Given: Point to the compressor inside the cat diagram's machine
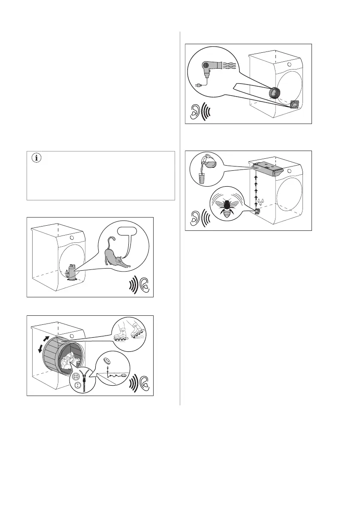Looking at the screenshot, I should point(72,271).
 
